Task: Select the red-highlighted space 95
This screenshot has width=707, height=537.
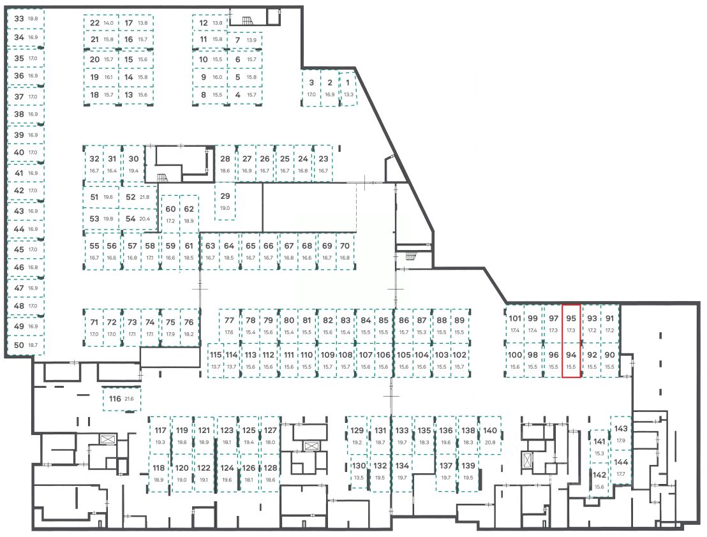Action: [571, 324]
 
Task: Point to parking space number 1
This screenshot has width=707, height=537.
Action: [348, 88]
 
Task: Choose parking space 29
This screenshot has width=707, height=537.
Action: [225, 201]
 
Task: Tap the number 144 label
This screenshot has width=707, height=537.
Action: [621, 462]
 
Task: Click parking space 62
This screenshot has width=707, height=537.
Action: [189, 214]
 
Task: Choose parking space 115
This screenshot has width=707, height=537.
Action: [216, 360]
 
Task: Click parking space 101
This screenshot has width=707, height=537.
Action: [515, 324]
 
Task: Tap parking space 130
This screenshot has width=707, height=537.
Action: [359, 471]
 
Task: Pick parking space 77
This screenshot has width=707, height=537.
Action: [229, 325]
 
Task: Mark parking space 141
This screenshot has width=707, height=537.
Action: [600, 446]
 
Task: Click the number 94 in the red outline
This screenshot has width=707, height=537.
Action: [571, 355]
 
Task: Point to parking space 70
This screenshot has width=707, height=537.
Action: [345, 251]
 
